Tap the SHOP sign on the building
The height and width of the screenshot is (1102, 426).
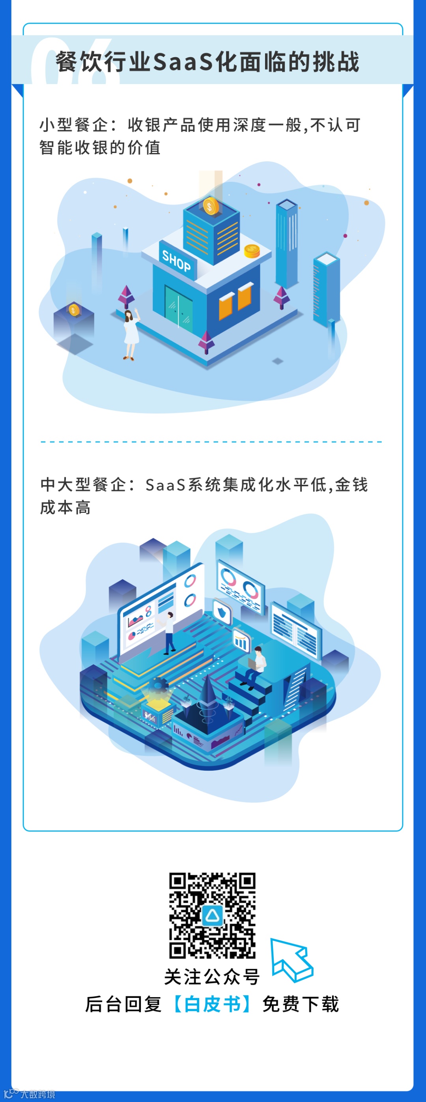point(176,261)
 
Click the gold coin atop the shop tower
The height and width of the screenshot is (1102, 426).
point(210,207)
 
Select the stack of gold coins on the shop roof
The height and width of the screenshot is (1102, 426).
point(252,251)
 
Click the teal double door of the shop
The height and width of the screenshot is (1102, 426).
point(179,307)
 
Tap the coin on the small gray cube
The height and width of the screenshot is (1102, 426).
point(74,309)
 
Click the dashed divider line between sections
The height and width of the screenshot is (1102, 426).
point(211,441)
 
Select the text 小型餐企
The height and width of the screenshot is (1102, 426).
point(74,125)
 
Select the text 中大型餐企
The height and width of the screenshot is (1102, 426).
point(83,485)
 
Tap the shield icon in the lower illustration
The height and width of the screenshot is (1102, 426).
point(222,613)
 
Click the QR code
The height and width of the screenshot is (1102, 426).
point(212,915)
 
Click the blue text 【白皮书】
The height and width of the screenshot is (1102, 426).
point(213,1004)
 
